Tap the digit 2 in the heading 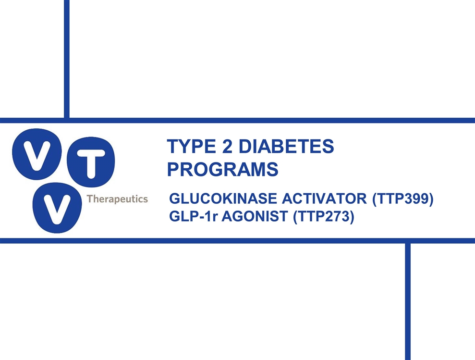(229, 146)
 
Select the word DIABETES (286, 146)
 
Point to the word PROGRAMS (223, 169)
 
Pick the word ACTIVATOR (324, 199)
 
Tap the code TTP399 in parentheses (403, 199)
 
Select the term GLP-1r (193, 216)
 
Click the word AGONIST (255, 216)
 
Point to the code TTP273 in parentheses (324, 217)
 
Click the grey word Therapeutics (117, 199)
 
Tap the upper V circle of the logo (37, 154)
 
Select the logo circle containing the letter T (91, 162)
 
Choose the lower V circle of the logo (57, 208)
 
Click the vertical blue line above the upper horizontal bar (67, 59)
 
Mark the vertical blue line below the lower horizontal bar (408, 301)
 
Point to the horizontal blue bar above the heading (237, 121)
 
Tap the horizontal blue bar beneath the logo (237, 241)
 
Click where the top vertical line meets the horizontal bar (67, 121)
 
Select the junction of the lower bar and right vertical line (408, 241)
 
